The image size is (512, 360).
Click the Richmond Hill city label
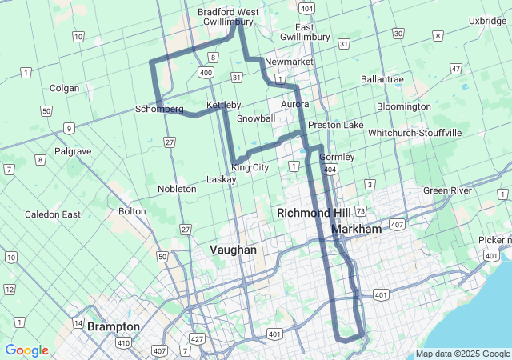click(x=314, y=214)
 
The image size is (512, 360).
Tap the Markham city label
click(x=356, y=229)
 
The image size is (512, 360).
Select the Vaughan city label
click(x=234, y=250)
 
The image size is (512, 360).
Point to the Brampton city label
click(x=114, y=326)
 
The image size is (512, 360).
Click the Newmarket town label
click(x=287, y=62)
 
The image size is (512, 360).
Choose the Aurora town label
click(x=294, y=105)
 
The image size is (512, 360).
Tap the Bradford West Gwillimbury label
click(x=229, y=17)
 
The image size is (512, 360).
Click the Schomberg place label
click(x=159, y=109)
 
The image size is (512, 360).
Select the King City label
click(x=250, y=167)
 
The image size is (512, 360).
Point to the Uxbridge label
click(x=488, y=21)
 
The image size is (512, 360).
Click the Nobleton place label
click(x=177, y=189)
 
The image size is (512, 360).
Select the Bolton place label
click(x=132, y=211)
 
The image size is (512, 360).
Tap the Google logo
click(x=26, y=350)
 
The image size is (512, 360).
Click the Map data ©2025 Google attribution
click(x=462, y=354)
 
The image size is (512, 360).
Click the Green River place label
click(x=447, y=190)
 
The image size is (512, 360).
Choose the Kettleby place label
click(x=223, y=106)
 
